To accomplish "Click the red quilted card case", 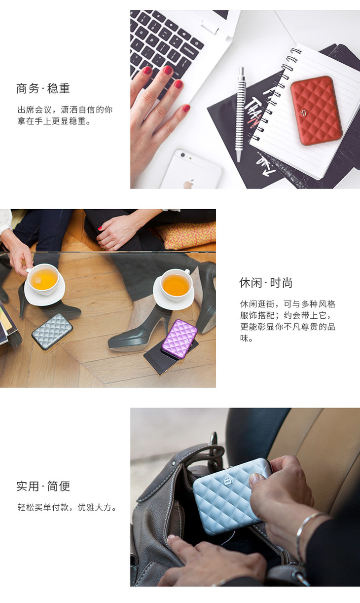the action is pos(316,111).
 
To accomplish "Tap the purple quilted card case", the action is pos(180,339).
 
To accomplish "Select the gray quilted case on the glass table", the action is pos(52,332).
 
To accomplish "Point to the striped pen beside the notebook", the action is pos(240,114).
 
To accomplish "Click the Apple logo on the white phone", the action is pos(188,184).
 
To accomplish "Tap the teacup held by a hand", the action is pos(43,279).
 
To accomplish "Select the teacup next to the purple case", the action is pos(176,285).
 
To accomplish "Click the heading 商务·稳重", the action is pos(43,88).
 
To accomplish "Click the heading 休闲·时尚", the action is pos(265,283).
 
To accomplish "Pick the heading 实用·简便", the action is pos(43,486).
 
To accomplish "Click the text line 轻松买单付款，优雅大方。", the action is pos(67,507).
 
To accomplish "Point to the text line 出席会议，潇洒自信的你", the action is pos(65,110).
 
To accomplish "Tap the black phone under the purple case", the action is pos(171,356).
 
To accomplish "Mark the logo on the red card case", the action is pos(304,113).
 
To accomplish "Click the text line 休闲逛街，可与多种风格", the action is pos(288,304).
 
